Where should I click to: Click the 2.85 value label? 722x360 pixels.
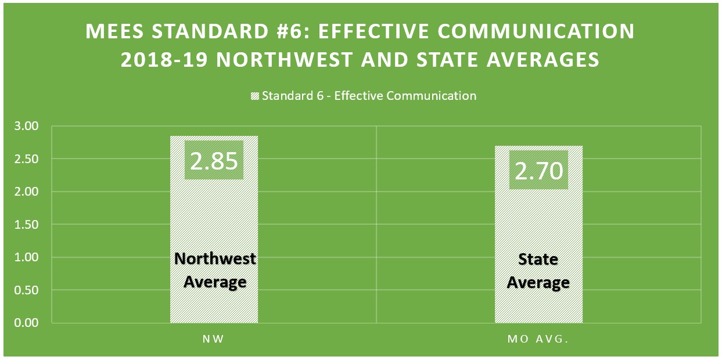pyautogui.click(x=214, y=160)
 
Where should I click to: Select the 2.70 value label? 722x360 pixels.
pyautogui.click(x=538, y=170)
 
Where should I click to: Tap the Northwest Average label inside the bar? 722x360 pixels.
pyautogui.click(x=214, y=270)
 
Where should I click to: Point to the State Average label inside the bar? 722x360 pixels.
pyautogui.click(x=538, y=271)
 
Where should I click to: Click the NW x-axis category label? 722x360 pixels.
pyautogui.click(x=214, y=339)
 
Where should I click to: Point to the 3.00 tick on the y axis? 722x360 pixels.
pyautogui.click(x=25, y=126)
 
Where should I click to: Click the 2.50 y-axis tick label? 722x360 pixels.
pyautogui.click(x=25, y=159)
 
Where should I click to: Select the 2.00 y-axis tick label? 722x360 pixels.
pyautogui.click(x=25, y=192)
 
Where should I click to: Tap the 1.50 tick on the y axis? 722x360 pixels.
pyautogui.click(x=25, y=225)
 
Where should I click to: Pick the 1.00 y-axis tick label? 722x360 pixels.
pyautogui.click(x=25, y=257)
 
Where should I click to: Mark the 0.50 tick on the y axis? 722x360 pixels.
pyautogui.click(x=25, y=290)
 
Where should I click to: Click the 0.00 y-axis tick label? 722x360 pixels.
pyautogui.click(x=25, y=323)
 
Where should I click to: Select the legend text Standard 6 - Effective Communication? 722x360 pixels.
pyautogui.click(x=369, y=96)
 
